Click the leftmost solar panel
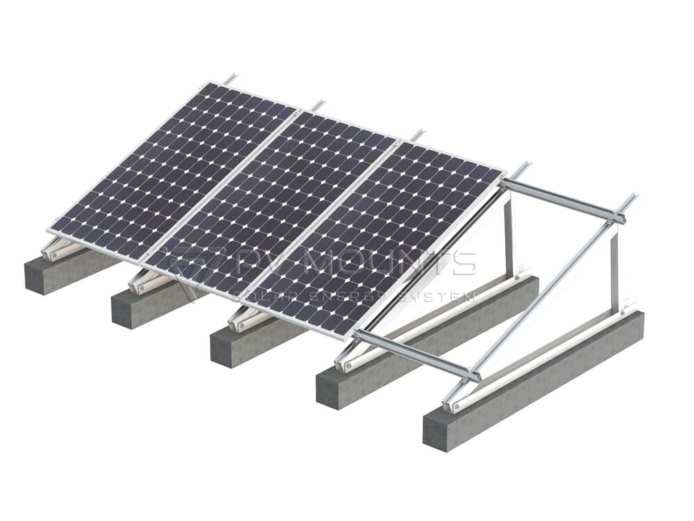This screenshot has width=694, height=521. (x=173, y=170)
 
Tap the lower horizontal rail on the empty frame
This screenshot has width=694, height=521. (x=416, y=355)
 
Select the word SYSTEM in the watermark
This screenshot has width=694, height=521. (x=444, y=297)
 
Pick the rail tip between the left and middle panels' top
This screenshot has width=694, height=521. (x=317, y=106)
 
